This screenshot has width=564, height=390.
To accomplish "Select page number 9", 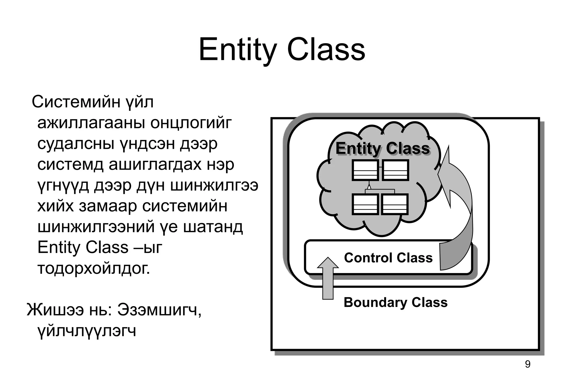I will coord(527,364).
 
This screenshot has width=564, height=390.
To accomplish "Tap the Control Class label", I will coord(388,258).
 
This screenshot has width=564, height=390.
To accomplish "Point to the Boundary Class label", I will coord(395,302).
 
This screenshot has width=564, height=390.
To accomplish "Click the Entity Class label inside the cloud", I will coord(383,149).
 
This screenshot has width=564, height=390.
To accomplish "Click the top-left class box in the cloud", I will coord(365,170).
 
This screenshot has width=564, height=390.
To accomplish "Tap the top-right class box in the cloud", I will coord(395,170).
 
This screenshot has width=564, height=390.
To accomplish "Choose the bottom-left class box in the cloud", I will coord(365,204).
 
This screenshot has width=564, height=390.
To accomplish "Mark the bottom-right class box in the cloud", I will coord(395,204).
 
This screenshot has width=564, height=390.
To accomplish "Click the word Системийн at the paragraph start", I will coord(76,102).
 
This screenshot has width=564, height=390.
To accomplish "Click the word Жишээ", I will coord(55,310).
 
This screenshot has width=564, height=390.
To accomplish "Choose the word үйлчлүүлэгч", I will coord(87,331).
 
